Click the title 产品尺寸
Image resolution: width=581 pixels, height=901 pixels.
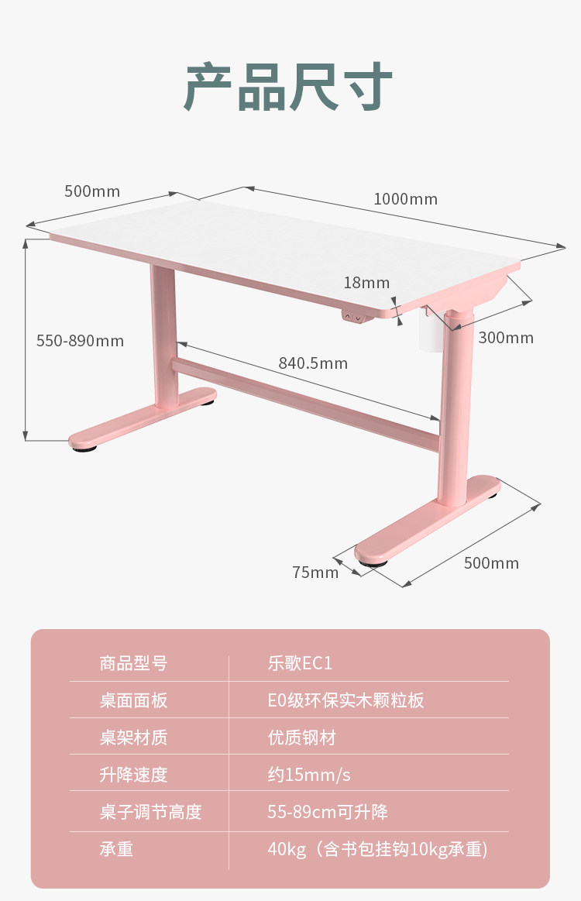pos(288,88)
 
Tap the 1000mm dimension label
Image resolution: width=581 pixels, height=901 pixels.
pos(405,199)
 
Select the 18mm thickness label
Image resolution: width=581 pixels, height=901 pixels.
pos(366,283)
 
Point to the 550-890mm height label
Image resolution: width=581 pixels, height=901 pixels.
pos(80,341)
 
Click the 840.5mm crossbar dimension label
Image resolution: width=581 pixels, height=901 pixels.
pos(313,363)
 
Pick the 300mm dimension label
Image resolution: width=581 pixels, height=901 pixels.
pos(506,338)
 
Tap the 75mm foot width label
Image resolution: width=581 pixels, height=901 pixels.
pos(315,573)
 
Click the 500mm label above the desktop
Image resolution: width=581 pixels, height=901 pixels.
pos(92,191)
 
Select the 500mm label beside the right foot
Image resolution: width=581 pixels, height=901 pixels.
pos(491,563)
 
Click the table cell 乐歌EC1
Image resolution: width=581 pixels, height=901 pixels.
pos(300,663)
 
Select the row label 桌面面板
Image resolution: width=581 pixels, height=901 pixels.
pos(133,700)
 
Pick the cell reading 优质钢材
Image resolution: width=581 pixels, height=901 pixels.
pos(301,738)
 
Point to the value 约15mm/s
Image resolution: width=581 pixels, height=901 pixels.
pos(309,775)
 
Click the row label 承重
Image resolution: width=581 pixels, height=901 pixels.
pos(116,849)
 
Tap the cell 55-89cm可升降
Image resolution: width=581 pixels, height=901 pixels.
pos(328,812)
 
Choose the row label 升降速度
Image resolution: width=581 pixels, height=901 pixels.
pos(133,775)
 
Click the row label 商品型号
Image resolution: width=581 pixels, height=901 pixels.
pos(133,663)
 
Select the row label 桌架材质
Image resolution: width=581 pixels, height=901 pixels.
pos(133,738)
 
